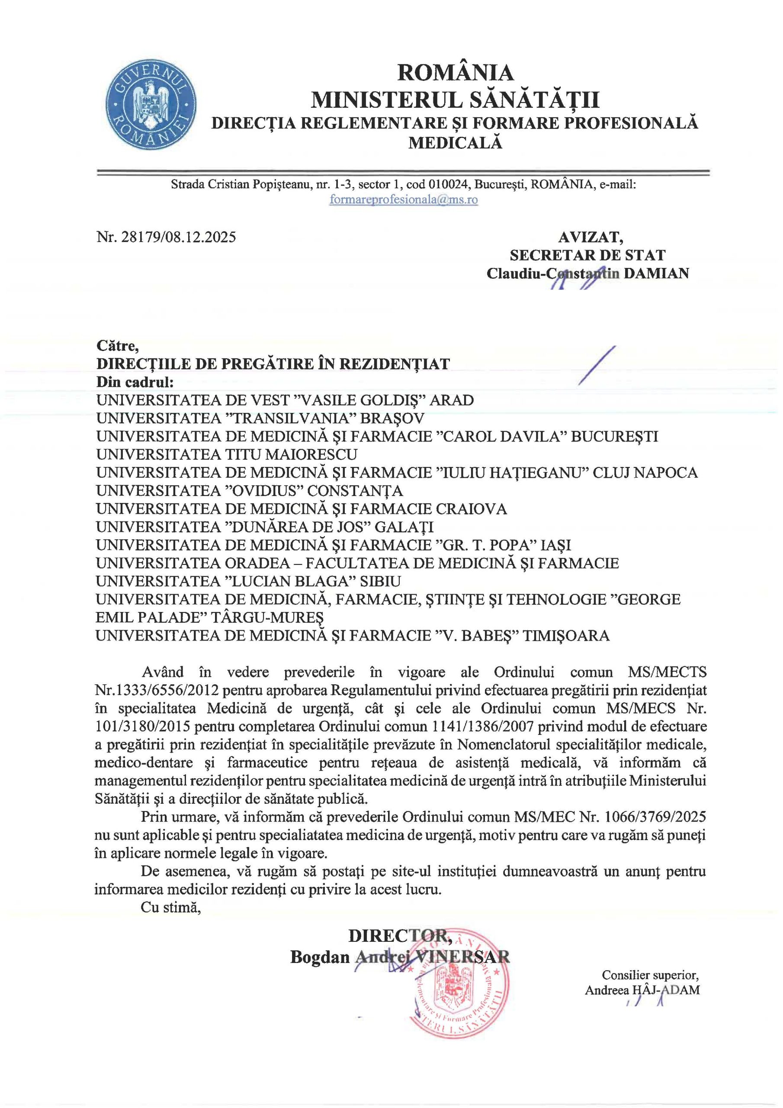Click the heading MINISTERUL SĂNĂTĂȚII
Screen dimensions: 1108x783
point(455,100)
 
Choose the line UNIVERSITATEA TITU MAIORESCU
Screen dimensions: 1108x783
point(227,454)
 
